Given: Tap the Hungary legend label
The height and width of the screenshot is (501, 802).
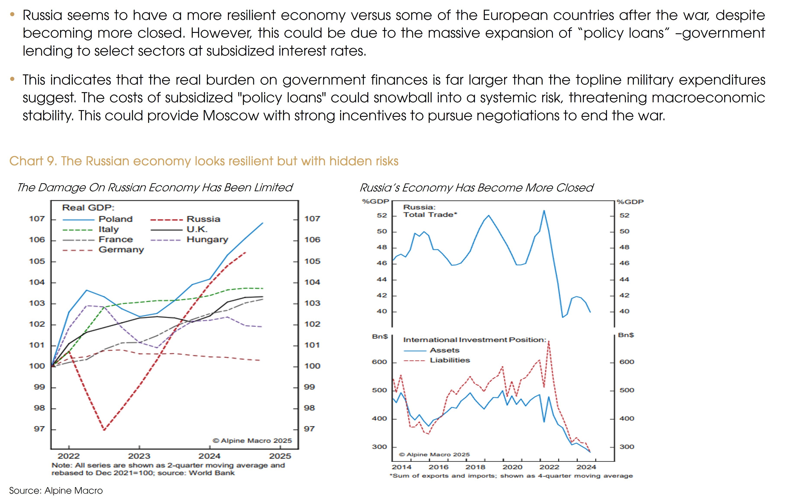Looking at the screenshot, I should click(207, 239).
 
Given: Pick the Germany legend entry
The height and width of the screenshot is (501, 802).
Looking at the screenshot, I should click(121, 250).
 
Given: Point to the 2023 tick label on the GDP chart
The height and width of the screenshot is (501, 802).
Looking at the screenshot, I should click(139, 456).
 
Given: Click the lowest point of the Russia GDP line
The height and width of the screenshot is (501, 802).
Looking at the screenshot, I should click(104, 430).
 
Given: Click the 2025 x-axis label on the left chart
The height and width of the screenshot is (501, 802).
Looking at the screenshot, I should click(280, 456).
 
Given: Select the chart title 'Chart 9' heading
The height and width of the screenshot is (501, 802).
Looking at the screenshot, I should click(203, 161).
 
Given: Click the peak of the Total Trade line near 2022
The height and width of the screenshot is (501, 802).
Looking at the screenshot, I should click(544, 210).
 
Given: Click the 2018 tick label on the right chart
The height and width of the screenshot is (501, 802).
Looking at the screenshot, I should click(475, 467).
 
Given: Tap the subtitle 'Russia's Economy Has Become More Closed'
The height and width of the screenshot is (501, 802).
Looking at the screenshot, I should click(476, 188).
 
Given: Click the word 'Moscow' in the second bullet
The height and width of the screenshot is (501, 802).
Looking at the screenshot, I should click(230, 116).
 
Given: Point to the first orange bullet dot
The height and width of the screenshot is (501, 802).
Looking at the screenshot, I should click(12, 14).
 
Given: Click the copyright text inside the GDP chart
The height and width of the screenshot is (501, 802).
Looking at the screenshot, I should click(252, 441).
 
